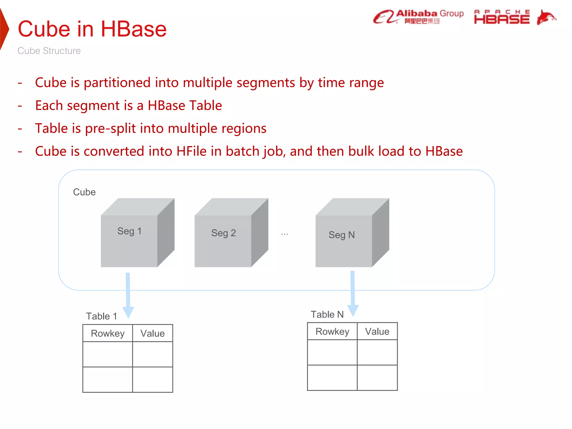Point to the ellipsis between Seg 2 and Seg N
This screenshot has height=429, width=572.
(284, 234)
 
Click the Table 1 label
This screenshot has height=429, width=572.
(101, 316)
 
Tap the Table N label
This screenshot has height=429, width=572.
(327, 314)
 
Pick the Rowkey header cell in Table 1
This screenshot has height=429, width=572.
(108, 333)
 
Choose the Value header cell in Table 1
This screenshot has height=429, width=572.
(152, 333)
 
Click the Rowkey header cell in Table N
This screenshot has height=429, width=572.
(332, 332)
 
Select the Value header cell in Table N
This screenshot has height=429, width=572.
(377, 332)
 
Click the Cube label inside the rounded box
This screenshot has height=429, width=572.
(84, 192)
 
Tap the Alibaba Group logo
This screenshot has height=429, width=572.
(418, 17)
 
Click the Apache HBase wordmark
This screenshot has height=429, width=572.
(502, 17)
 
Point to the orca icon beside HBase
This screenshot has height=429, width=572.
(546, 17)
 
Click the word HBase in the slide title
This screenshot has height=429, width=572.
(134, 29)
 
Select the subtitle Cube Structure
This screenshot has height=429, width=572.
(49, 51)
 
